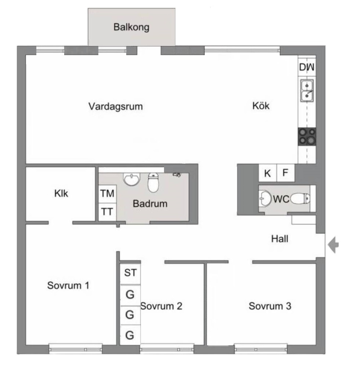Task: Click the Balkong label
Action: click(x=131, y=28)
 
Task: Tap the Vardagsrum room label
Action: click(x=115, y=107)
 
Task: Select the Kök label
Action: click(x=261, y=106)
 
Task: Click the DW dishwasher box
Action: click(x=307, y=68)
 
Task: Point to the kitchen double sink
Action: click(x=307, y=90)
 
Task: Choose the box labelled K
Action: click(x=268, y=173)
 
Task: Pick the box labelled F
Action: click(x=285, y=173)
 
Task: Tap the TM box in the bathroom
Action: click(x=108, y=193)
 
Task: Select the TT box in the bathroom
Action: click(x=108, y=212)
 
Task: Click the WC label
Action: click(x=281, y=199)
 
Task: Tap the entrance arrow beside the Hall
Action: click(x=334, y=245)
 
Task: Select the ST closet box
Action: click(x=130, y=273)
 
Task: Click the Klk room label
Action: click(x=61, y=193)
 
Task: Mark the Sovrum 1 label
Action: click(x=68, y=285)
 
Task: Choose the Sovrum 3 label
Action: click(x=270, y=306)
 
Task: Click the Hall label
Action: click(x=280, y=239)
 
